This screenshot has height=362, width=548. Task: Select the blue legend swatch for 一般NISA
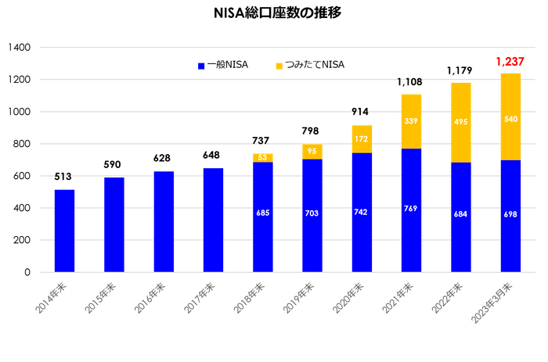pyautogui.click(x=200, y=66)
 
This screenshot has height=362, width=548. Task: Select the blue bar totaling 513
pyautogui.click(x=64, y=230)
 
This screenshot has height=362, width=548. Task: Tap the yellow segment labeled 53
pyautogui.click(x=263, y=157)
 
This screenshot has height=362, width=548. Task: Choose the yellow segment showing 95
pyautogui.click(x=312, y=152)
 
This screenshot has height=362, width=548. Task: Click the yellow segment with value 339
pyautogui.click(x=412, y=120)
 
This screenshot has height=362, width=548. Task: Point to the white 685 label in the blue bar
pyautogui.click(x=263, y=212)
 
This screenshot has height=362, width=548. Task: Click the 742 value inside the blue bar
pyautogui.click(x=362, y=212)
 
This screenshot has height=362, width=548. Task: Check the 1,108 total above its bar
pyautogui.click(x=411, y=81)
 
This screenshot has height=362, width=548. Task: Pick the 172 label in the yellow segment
pyautogui.click(x=362, y=138)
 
